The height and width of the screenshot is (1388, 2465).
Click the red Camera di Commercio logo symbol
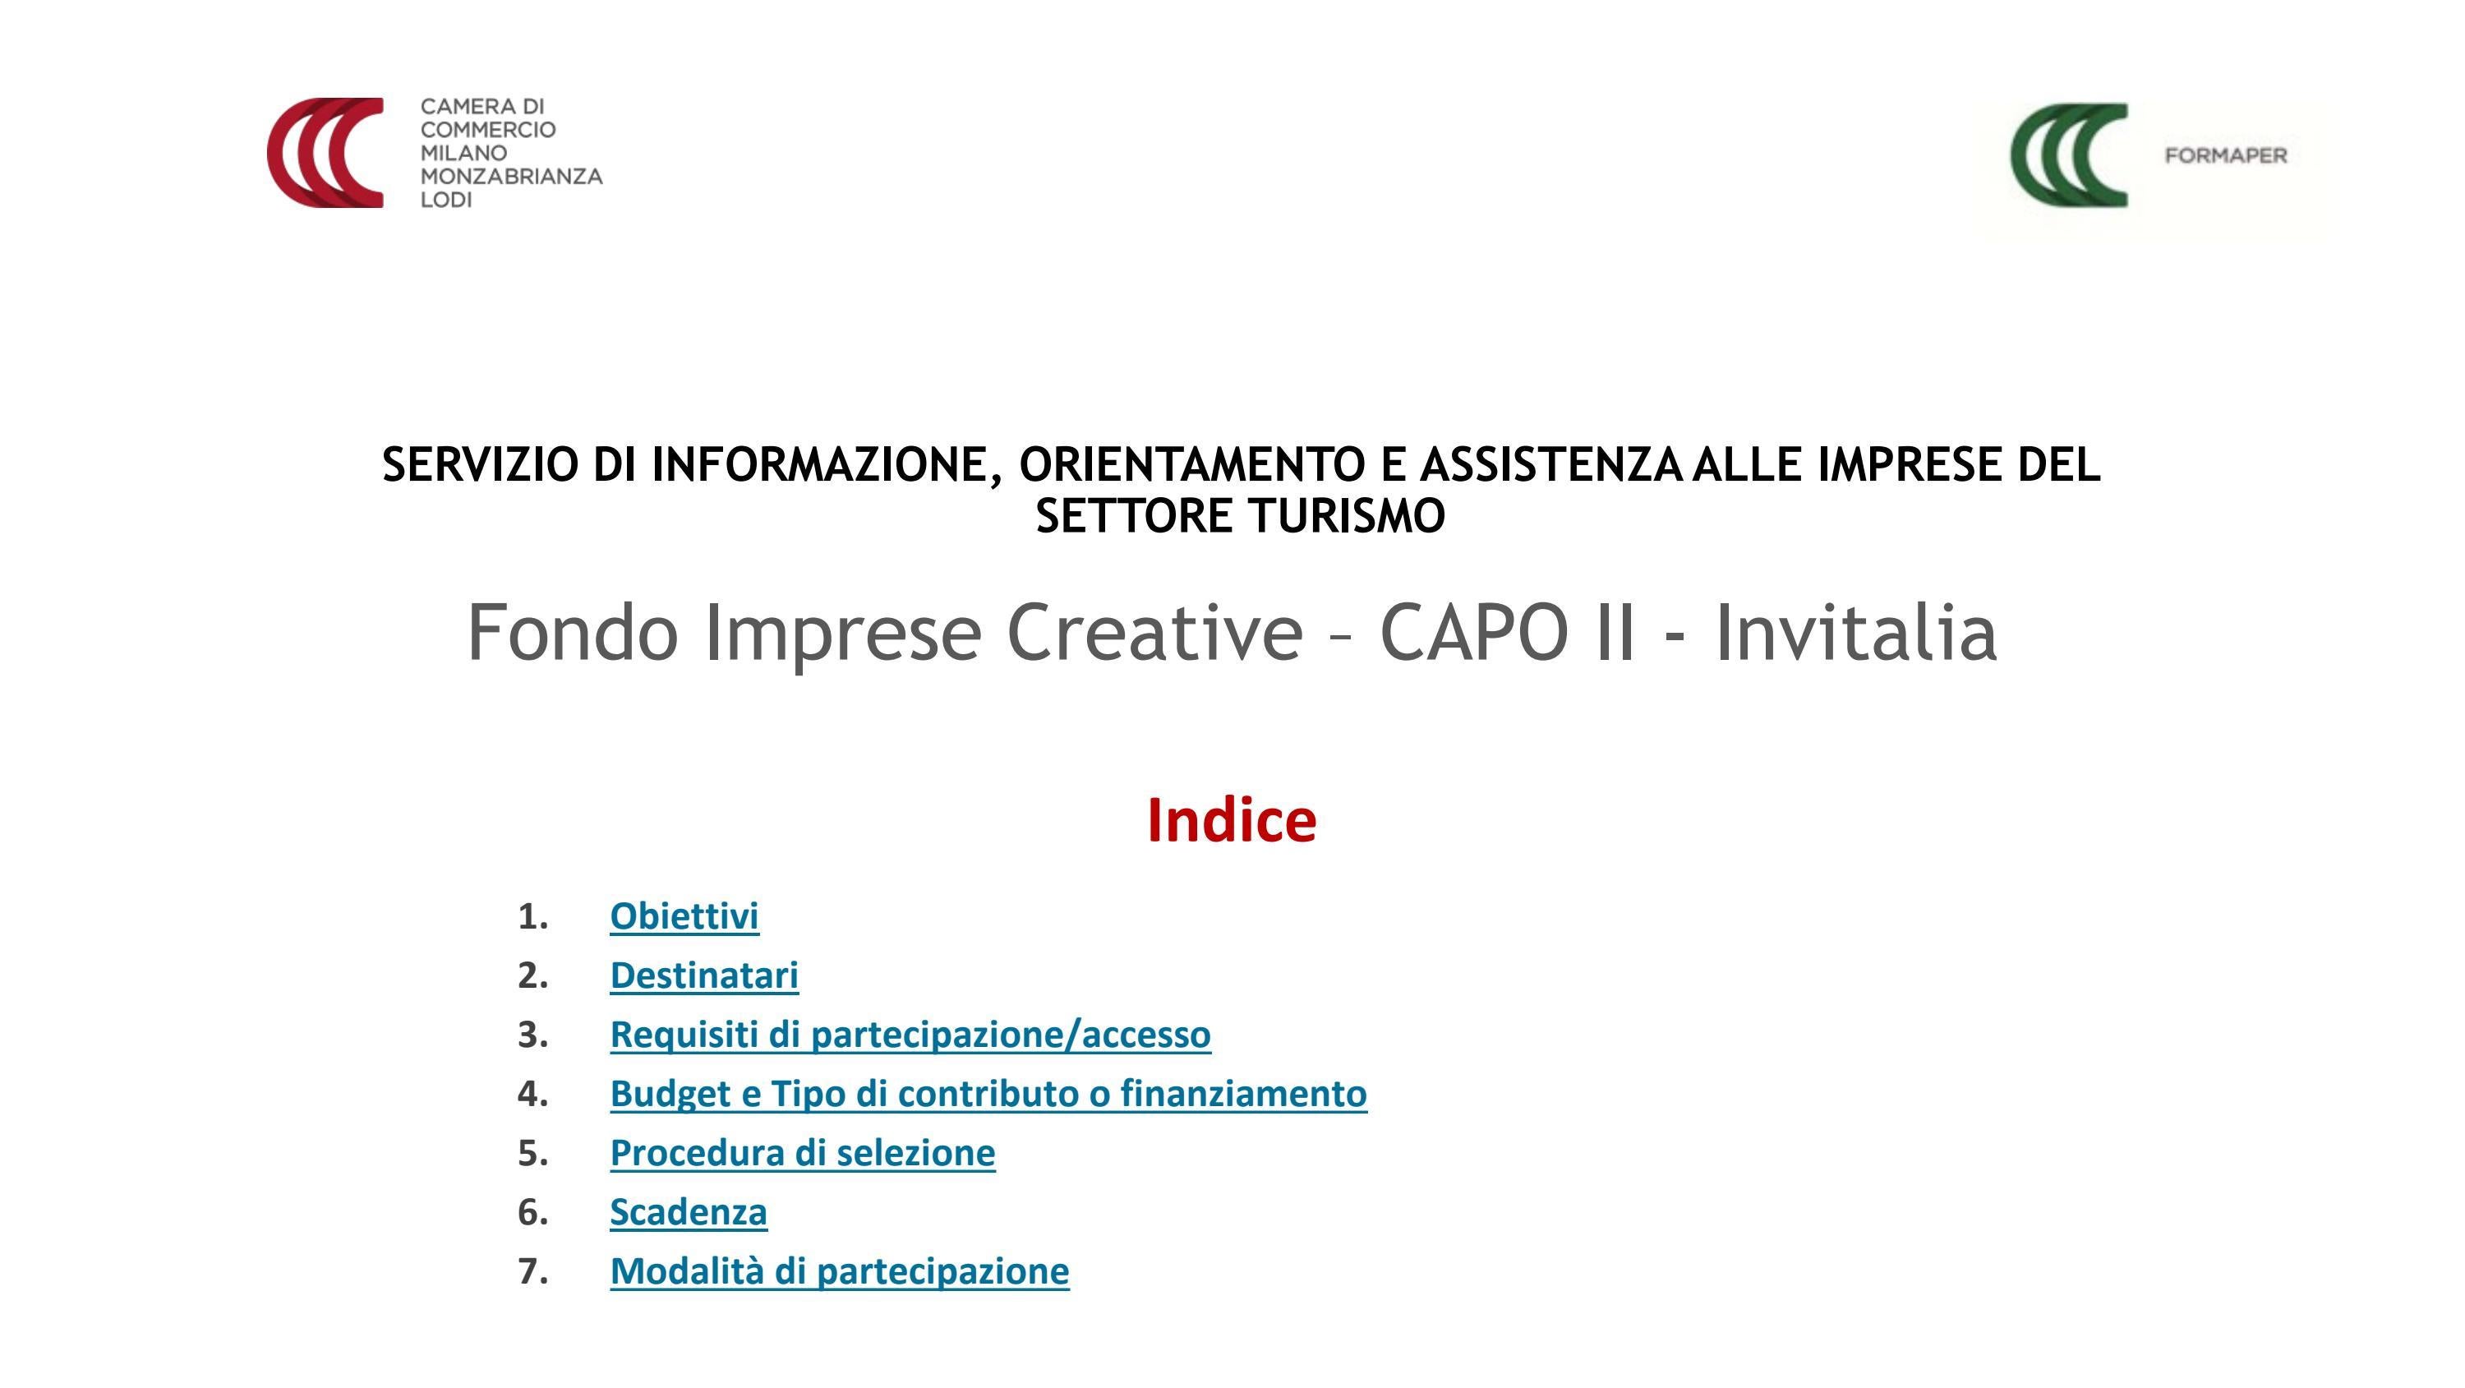(x=325, y=152)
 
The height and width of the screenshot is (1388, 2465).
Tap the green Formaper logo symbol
(x=2069, y=155)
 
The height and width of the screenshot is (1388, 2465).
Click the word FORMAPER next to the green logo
(x=2226, y=156)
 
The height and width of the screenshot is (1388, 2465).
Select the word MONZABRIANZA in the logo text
(x=511, y=176)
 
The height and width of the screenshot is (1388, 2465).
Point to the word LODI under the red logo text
(x=446, y=200)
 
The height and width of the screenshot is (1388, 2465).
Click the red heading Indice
(x=1232, y=820)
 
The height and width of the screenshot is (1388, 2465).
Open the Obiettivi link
(x=684, y=916)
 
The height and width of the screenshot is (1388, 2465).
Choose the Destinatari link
(x=704, y=975)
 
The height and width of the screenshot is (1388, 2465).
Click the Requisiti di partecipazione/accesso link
(x=910, y=1035)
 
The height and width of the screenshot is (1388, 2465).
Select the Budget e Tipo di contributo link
(x=988, y=1093)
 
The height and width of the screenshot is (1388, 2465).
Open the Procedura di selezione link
(x=802, y=1152)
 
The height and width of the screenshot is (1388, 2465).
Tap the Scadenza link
(x=688, y=1212)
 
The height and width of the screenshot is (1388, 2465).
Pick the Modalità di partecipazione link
(x=839, y=1271)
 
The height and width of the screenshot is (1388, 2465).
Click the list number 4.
(x=532, y=1093)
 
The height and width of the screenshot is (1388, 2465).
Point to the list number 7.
(x=532, y=1271)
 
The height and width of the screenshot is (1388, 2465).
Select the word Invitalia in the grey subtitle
(x=1855, y=633)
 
